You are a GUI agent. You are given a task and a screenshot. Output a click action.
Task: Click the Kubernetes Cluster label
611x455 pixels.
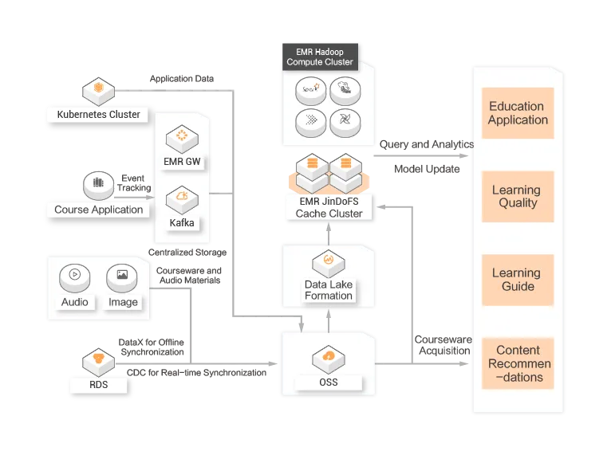coord(98,115)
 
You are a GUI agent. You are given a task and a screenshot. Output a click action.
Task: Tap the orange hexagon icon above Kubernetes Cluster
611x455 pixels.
coord(98,88)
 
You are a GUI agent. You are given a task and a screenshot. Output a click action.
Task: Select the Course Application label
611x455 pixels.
coord(99,210)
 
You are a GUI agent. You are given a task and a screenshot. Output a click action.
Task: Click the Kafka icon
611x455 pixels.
coord(182,197)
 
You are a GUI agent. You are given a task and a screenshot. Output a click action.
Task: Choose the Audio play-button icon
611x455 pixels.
coord(74,276)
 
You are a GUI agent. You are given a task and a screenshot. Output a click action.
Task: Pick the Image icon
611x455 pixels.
coord(122,276)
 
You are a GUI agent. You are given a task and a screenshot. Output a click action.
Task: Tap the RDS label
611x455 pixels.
coord(98,386)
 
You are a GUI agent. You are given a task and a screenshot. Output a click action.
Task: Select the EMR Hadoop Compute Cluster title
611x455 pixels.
coord(319,57)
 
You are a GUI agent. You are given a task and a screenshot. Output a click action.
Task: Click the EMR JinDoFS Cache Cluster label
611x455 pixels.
coord(329,208)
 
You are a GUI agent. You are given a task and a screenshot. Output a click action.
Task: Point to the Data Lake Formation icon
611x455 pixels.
coord(328,261)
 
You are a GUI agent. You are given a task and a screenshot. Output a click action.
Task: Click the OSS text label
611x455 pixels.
coord(328,382)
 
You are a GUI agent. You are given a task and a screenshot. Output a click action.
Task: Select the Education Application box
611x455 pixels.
coord(518,113)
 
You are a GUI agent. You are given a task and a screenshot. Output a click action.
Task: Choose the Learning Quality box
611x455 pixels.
coord(518,197)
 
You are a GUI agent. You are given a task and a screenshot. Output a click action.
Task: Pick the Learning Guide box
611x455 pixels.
coord(518,280)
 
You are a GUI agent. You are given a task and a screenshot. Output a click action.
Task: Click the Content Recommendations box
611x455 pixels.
coord(518,363)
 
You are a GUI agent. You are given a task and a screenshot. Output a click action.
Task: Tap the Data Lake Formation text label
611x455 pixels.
coord(328,290)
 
